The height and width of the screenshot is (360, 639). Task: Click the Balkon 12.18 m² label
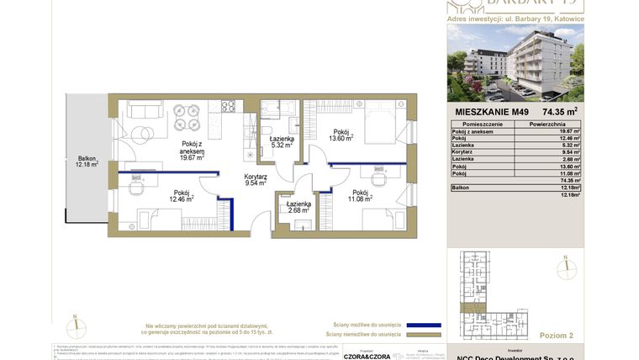pos(87,161)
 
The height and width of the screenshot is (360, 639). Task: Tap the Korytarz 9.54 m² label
pos(256,179)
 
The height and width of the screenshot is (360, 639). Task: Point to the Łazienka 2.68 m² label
pos(298,207)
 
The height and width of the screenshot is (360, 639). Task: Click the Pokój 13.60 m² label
pos(341,135)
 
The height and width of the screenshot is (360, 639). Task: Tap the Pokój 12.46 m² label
pos(182,196)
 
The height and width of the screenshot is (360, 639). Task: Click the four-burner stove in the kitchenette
pos(228,106)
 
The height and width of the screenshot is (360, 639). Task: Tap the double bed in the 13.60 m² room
pos(378,124)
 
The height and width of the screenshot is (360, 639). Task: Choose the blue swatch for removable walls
pos(424,325)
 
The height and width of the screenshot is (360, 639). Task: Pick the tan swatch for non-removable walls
pos(424,335)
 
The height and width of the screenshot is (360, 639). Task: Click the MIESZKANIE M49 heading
pos(492,112)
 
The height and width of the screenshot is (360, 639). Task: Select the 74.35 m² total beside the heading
pos(559,111)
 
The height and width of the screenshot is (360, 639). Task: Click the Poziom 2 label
pos(555,335)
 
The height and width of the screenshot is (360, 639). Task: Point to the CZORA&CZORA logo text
pos(367,357)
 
